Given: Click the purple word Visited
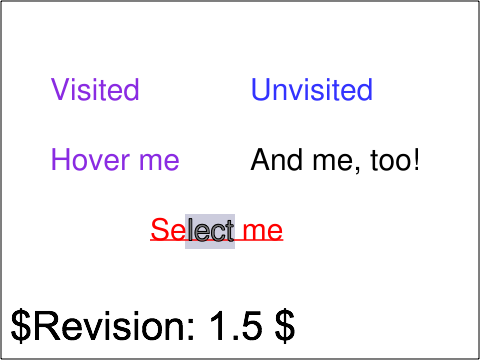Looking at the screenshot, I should (x=95, y=90).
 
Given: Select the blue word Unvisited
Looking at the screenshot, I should (x=311, y=90).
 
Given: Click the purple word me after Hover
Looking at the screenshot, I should (x=160, y=160).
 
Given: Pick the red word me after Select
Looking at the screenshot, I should (x=262, y=231).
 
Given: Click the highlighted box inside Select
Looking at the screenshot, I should (x=210, y=231).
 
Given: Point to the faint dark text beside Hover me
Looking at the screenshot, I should (x=330, y=160).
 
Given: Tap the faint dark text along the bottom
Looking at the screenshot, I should (x=150, y=326).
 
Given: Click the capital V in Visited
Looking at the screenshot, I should (x=59, y=90).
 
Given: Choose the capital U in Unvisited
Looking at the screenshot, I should (x=261, y=90).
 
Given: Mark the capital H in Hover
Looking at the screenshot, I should (x=60, y=160).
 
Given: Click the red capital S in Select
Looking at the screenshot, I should (x=159, y=231).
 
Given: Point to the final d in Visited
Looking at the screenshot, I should (x=132, y=90).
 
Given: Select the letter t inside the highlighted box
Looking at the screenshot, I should (x=229, y=231).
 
